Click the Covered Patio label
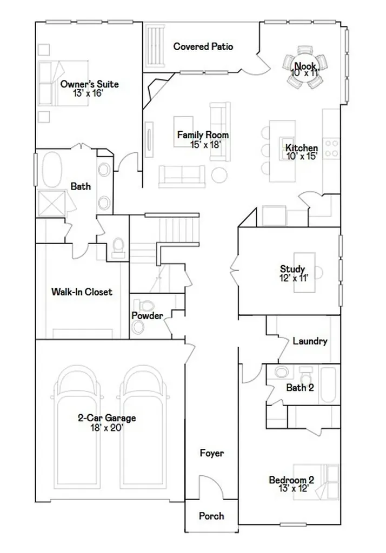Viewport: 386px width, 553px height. click(x=203, y=46)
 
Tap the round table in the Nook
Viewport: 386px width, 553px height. click(x=305, y=67)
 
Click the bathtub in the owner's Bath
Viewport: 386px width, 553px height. click(x=52, y=169)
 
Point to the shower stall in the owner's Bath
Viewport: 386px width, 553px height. click(x=52, y=203)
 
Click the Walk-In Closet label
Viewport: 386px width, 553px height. click(x=82, y=292)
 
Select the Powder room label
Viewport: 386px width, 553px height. click(x=147, y=315)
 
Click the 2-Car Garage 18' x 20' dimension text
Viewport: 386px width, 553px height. click(x=107, y=428)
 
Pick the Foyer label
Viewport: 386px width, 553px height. click(x=211, y=453)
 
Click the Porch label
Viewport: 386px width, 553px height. click(x=211, y=516)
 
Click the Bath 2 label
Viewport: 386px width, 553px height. click(x=300, y=388)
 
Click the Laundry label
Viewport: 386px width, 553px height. click(x=310, y=341)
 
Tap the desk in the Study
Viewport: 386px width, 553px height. click(x=305, y=272)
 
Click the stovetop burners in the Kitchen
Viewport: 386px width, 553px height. click(x=331, y=148)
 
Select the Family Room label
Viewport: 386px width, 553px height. click(x=203, y=134)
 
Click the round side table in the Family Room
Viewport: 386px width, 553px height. click(x=219, y=174)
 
